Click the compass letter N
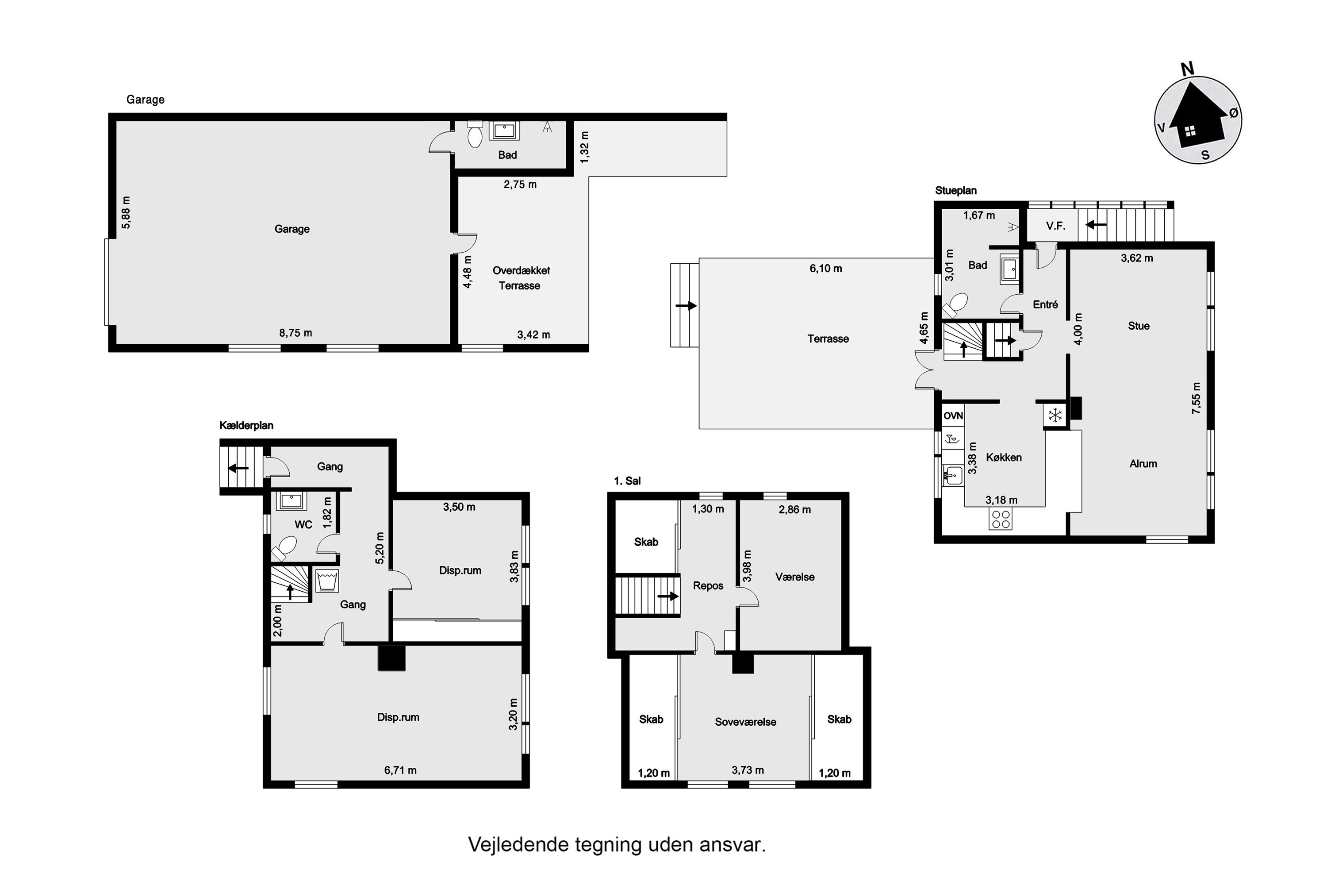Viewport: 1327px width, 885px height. pyautogui.click(x=1188, y=69)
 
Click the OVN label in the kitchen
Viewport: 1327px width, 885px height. pyautogui.click(x=953, y=416)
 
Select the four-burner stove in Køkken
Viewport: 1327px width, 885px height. pyautogui.click(x=1001, y=519)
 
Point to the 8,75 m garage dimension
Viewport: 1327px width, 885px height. pyautogui.click(x=295, y=333)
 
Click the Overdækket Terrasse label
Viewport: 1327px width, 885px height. pyautogui.click(x=520, y=278)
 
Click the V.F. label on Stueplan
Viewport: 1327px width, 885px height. pyautogui.click(x=1055, y=226)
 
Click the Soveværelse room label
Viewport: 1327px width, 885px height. pyautogui.click(x=745, y=722)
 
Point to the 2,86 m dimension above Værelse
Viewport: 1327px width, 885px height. pyautogui.click(x=794, y=510)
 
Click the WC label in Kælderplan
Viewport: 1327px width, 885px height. pyautogui.click(x=303, y=524)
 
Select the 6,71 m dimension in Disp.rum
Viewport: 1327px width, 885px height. pyautogui.click(x=401, y=770)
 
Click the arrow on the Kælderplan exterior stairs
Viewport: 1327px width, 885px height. pyautogui.click(x=239, y=468)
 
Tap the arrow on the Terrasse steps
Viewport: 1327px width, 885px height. pyautogui.click(x=686, y=306)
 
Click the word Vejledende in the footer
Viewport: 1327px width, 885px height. pyautogui.click(x=518, y=845)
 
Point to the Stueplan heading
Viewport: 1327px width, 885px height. pyautogui.click(x=956, y=191)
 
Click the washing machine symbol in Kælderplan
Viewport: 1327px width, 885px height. pyautogui.click(x=327, y=581)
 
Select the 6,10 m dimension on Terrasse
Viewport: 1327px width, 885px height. pyautogui.click(x=825, y=269)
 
